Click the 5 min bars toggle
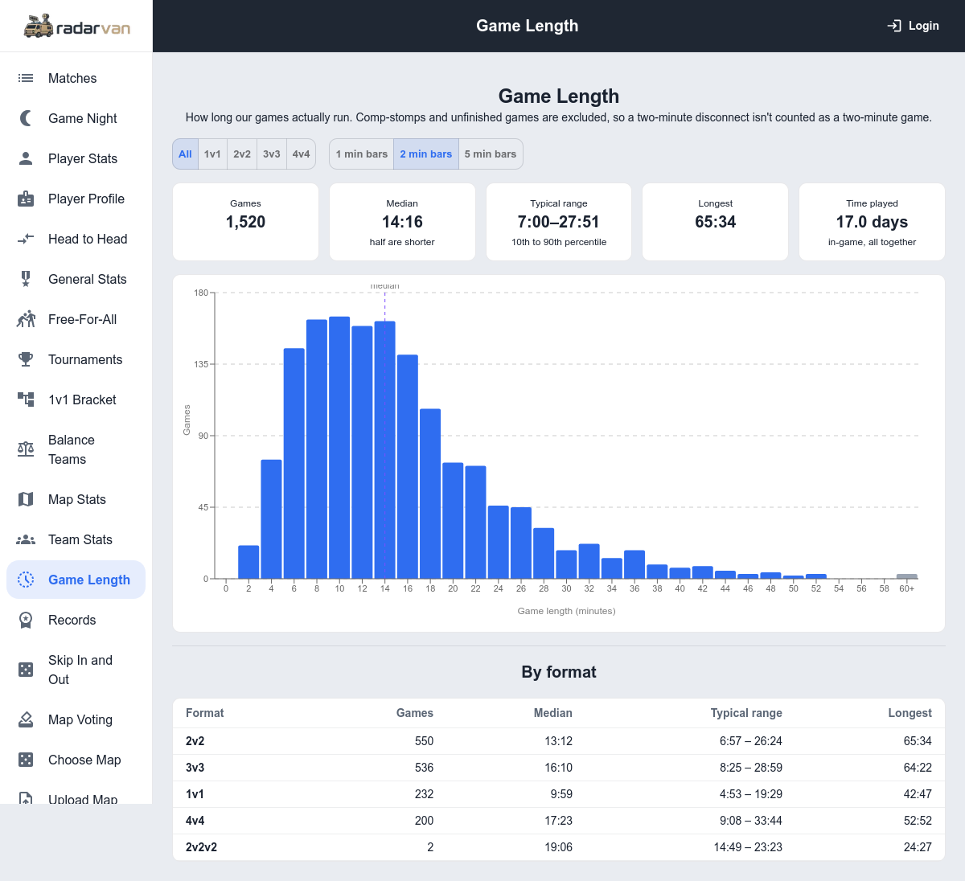click(491, 154)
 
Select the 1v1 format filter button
click(212, 154)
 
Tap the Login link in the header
click(913, 26)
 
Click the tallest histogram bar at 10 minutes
click(339, 447)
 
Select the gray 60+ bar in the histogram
click(906, 576)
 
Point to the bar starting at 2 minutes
click(248, 562)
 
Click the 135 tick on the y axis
click(201, 364)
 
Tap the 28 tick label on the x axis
click(544, 588)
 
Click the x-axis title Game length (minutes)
click(566, 611)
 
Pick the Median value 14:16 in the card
click(402, 222)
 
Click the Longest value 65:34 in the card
click(716, 222)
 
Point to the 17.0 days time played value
click(872, 222)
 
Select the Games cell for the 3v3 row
click(424, 768)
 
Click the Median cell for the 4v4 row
click(558, 821)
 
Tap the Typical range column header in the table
click(746, 713)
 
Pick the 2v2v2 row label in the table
click(201, 847)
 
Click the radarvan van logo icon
click(39, 26)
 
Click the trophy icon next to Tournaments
click(26, 359)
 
